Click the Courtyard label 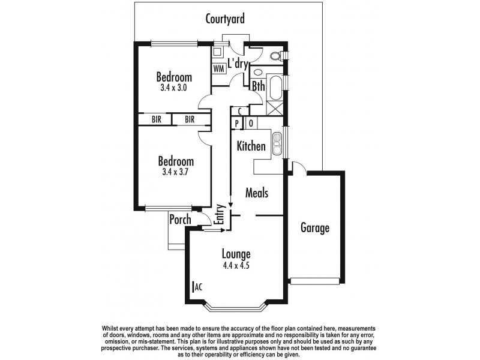225,19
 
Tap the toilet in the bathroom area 276,56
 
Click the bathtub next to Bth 276,88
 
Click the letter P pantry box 238,124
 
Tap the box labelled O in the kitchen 251,124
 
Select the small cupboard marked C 240,111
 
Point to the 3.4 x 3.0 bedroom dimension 174,88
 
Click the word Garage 315,229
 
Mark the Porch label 180,220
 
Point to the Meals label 257,193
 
